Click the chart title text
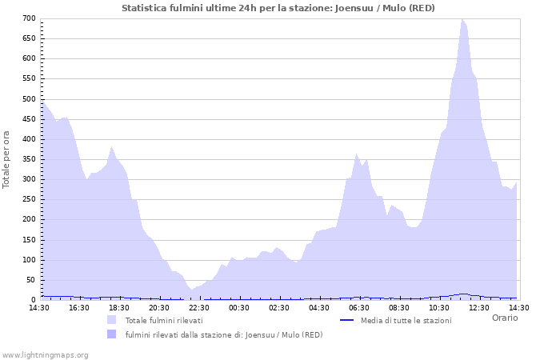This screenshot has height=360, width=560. point(279,8)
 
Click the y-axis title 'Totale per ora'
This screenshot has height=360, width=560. point(7,159)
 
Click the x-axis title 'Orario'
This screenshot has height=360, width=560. point(504,318)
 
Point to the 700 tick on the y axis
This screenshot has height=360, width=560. point(28,18)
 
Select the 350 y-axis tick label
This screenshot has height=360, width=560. point(28,159)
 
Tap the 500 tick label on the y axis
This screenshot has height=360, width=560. point(28,98)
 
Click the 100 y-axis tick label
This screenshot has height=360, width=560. point(28,260)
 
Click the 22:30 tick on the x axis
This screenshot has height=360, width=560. point(199,307)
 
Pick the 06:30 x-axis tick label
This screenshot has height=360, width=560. point(359,307)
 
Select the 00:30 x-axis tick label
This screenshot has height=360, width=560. point(239,307)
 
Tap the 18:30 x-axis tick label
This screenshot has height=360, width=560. point(119,307)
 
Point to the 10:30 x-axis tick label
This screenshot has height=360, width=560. point(439,307)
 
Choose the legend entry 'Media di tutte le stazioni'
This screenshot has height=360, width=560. point(406,321)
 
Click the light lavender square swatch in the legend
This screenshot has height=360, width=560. point(111,320)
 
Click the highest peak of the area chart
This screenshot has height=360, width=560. point(462,19)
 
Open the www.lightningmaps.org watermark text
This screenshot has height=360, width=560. point(45,354)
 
